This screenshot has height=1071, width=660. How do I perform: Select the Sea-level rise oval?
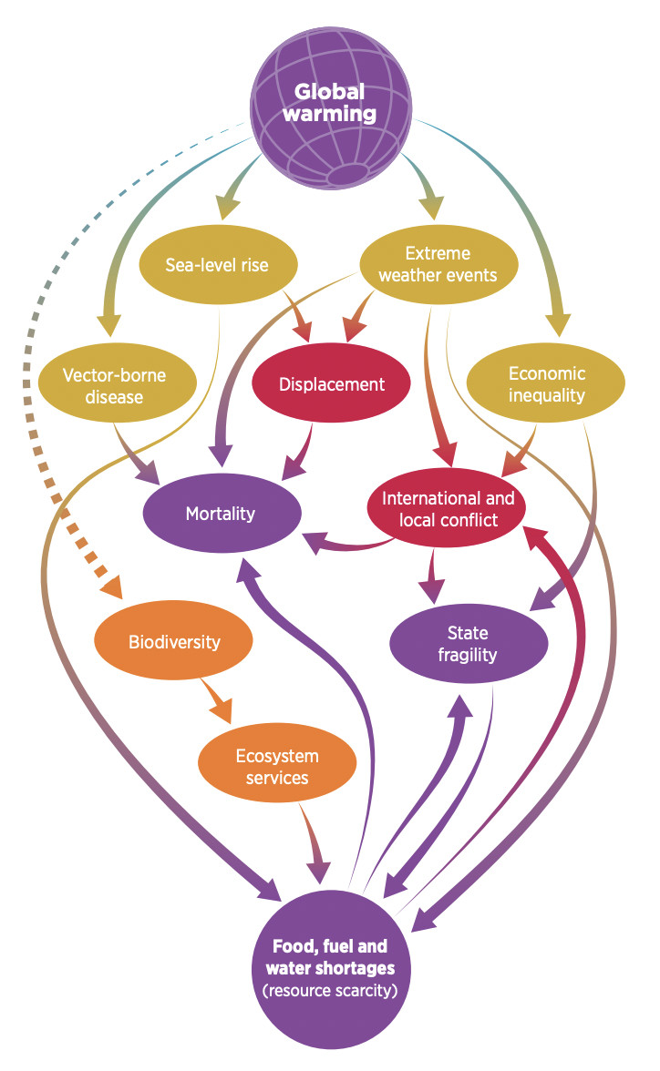point(218,265)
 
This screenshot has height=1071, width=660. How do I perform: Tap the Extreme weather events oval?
point(440,265)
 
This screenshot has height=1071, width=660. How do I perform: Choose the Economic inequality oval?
point(546,385)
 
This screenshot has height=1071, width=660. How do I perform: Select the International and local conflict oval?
point(448,510)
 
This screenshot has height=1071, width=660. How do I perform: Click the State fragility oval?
point(468,643)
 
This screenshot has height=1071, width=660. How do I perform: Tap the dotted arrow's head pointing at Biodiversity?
point(114,587)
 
